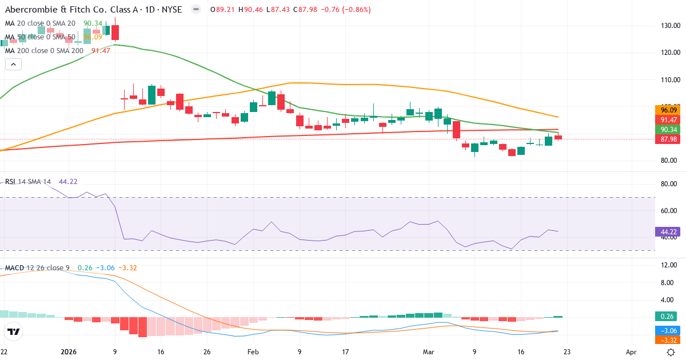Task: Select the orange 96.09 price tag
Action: (669, 110)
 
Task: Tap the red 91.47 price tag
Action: (669, 120)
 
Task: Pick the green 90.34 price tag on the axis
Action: (669, 130)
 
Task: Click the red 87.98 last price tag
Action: (669, 139)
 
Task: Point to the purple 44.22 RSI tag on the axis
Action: (669, 232)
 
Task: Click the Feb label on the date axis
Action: (254, 352)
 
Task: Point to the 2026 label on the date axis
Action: (68, 352)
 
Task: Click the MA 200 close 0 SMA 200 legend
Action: (44, 50)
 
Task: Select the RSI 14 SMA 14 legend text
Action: (27, 182)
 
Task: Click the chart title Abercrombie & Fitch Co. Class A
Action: (86, 10)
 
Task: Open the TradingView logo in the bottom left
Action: (14, 332)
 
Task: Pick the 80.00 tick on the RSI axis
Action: (669, 184)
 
